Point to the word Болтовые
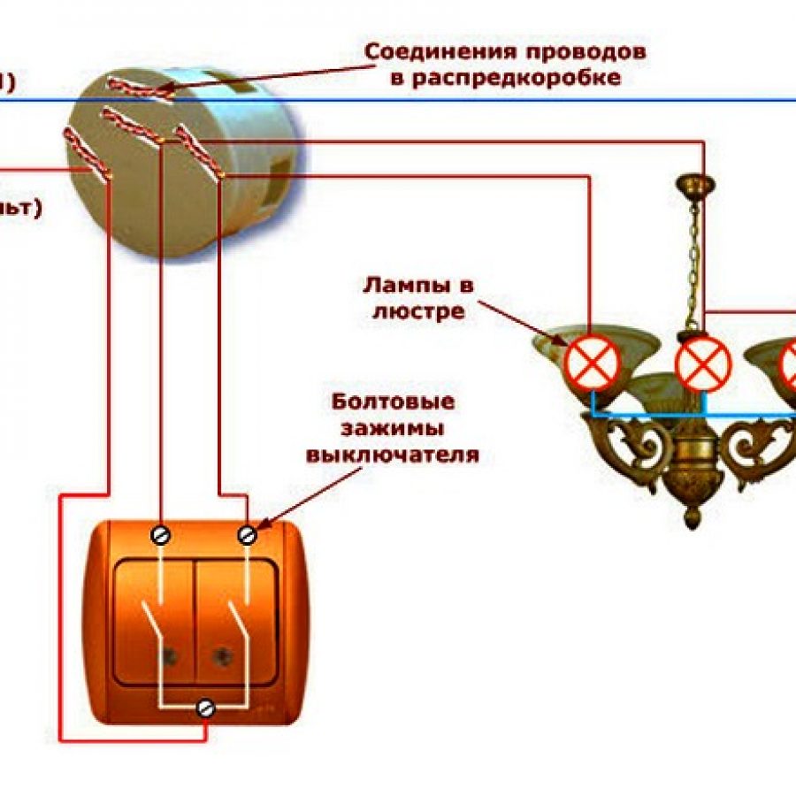[394, 402]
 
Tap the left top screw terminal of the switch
[161, 534]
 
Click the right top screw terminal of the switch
[249, 534]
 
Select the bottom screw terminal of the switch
[206, 707]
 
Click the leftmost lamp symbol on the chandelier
[593, 364]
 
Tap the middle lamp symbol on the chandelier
[703, 364]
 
